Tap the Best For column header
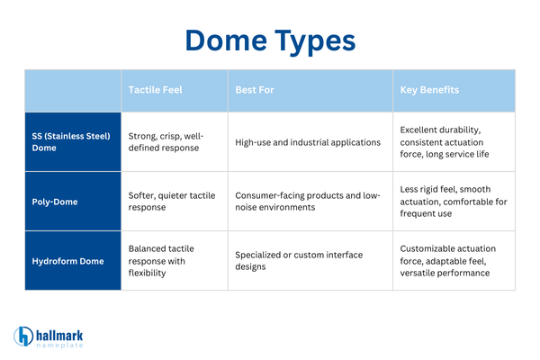click(256, 91)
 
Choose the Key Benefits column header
click(430, 91)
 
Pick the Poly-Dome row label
click(53, 201)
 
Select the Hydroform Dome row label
click(68, 260)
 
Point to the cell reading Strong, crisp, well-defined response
click(171, 141)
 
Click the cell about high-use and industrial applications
click(308, 141)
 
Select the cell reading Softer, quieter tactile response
click(171, 201)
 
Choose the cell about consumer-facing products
click(308, 201)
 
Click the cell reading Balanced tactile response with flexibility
click(171, 260)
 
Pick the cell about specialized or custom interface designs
click(308, 260)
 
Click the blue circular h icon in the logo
click(23, 336)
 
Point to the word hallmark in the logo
click(67, 331)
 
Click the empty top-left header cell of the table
click(72, 91)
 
